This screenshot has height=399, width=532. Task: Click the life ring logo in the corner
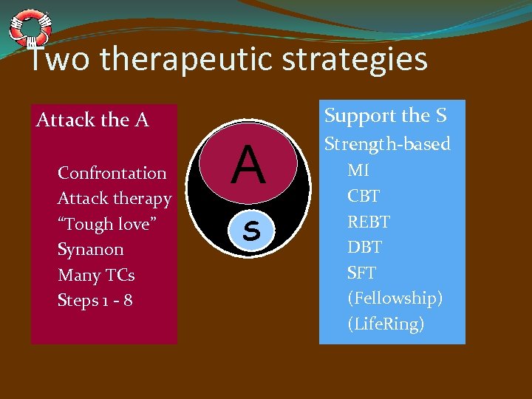(x=30, y=27)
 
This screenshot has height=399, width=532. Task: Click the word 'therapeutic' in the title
(x=189, y=59)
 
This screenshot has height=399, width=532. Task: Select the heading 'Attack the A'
(x=92, y=120)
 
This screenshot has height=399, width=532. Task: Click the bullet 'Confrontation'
(x=112, y=173)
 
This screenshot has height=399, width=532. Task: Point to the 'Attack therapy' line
(x=115, y=199)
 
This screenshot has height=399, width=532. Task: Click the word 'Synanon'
(x=91, y=250)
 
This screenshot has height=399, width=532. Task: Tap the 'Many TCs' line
(x=96, y=275)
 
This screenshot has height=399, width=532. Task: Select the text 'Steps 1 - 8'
(x=95, y=301)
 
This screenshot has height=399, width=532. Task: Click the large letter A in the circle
(x=248, y=166)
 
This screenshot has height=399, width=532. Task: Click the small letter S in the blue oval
(x=251, y=231)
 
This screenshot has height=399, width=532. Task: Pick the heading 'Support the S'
(x=386, y=116)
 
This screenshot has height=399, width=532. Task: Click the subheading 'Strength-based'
(x=387, y=144)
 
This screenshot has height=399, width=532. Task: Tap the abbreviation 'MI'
(x=358, y=170)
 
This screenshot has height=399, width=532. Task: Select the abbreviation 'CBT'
(x=364, y=196)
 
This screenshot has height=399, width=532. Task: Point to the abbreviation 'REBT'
(x=369, y=222)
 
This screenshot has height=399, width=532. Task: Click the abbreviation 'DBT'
(x=364, y=248)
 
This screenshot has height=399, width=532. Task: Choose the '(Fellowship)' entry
(x=395, y=299)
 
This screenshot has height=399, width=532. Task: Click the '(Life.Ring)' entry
(x=386, y=324)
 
